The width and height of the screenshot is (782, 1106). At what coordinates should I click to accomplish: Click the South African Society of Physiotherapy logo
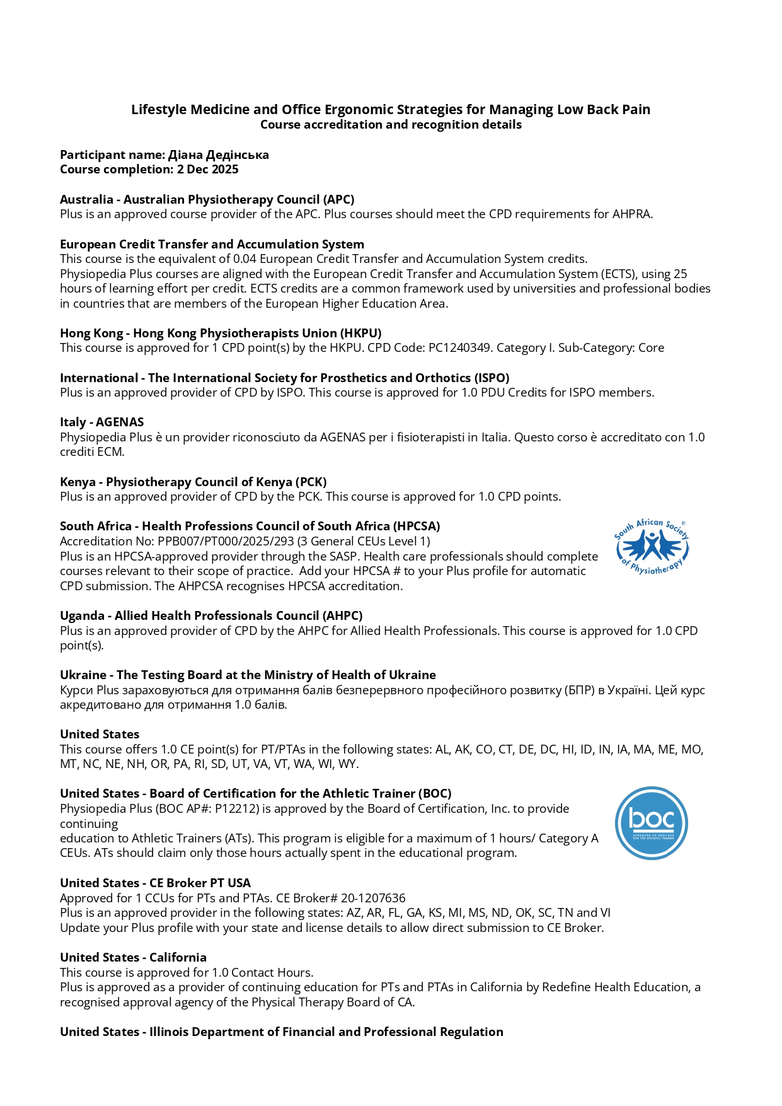pyautogui.click(x=652, y=547)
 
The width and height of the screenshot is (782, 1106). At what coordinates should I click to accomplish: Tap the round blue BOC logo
pyautogui.click(x=651, y=823)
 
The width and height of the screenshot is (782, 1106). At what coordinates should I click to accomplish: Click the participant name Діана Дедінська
pyautogui.click(x=218, y=154)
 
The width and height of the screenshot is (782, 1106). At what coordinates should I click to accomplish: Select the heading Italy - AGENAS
pyautogui.click(x=101, y=422)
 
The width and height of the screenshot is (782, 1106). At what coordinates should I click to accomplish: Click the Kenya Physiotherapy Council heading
pyautogui.click(x=193, y=482)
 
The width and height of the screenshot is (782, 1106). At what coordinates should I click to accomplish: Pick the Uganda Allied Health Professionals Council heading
pyautogui.click(x=211, y=615)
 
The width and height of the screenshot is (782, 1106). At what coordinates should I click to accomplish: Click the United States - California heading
pyautogui.click(x=133, y=957)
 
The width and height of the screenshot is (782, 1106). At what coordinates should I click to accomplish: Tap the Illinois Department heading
pyautogui.click(x=281, y=1032)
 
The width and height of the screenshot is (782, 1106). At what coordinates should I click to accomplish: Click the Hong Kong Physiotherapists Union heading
pyautogui.click(x=221, y=333)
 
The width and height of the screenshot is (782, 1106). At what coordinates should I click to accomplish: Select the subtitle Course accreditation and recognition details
pyautogui.click(x=391, y=125)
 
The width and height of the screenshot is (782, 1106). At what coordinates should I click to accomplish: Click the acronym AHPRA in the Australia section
pyautogui.click(x=631, y=214)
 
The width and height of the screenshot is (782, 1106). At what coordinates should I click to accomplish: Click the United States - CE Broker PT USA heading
pyautogui.click(x=155, y=883)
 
